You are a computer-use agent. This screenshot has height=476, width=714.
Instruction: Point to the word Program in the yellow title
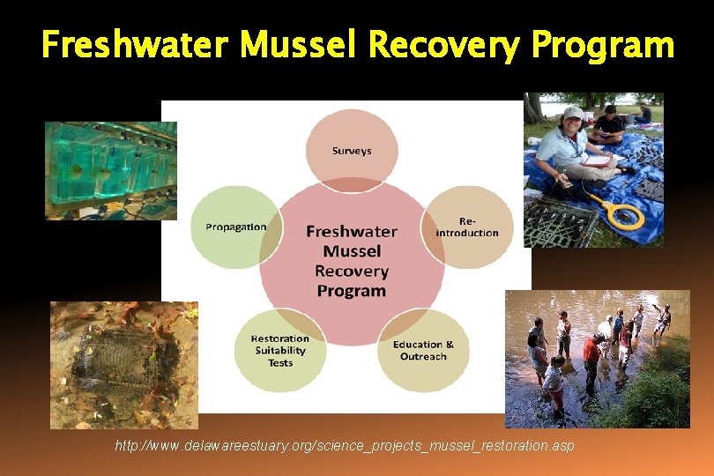coord(603,44)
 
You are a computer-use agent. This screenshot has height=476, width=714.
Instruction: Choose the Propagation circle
coord(235,227)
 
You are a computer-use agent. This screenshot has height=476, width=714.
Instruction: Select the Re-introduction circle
coord(467,227)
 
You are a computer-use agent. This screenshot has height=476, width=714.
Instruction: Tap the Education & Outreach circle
coord(423,350)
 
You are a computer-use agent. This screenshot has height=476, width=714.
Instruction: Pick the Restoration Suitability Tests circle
coord(280,350)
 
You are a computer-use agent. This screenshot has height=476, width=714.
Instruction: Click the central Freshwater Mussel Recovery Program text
coord(352,261)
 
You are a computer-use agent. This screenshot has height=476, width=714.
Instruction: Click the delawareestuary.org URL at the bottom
coord(345,446)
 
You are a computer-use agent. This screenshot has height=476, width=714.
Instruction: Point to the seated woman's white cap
coord(572,113)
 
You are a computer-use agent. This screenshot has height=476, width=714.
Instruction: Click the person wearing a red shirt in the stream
coord(591,351)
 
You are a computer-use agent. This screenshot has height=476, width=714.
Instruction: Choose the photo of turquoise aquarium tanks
coord(110,170)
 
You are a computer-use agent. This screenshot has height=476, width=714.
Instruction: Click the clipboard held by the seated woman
coord(598,160)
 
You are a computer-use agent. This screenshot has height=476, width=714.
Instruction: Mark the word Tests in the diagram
coord(280,362)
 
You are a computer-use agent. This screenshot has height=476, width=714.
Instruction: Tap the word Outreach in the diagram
coord(423,356)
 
